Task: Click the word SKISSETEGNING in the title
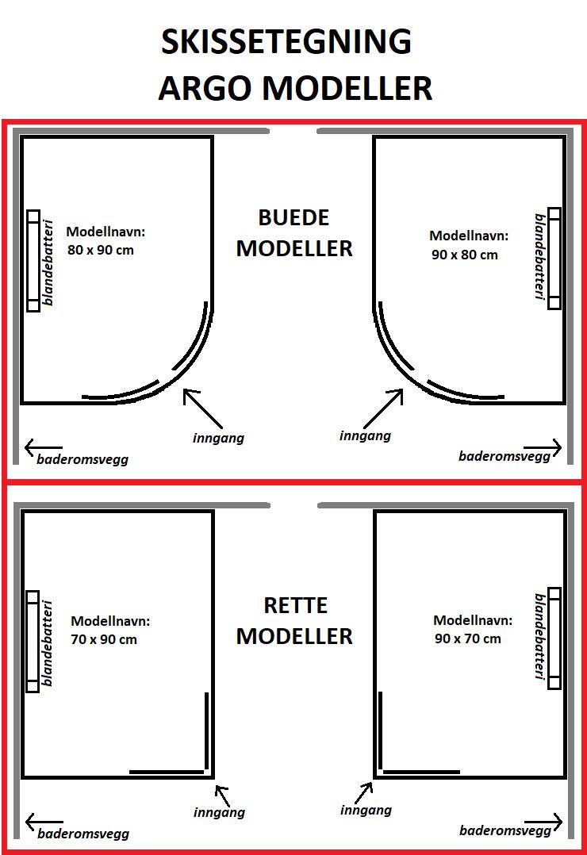pos(286,42)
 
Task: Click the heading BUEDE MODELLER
pos(294,233)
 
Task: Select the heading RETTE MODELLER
pos(294,620)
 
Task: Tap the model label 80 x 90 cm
pos(101,251)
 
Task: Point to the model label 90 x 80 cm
pos(465,255)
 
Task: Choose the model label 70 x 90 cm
pos(104,639)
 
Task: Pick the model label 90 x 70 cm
pos(467,638)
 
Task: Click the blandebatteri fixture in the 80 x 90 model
pos(33,261)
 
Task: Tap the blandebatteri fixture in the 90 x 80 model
pos(554,259)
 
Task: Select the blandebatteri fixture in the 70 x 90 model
pos(33,641)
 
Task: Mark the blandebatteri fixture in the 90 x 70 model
pos(554,638)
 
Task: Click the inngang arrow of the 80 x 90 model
pos(202,408)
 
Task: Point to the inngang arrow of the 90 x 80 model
pos(383,408)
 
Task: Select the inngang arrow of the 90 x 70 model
pos(365,793)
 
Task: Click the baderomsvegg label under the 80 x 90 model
pos(83,459)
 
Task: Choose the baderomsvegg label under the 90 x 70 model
pos(505,830)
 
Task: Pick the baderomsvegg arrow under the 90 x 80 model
pos(543,448)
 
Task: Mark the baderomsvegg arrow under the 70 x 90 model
pos(44,822)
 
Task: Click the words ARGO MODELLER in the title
pos(295,88)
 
